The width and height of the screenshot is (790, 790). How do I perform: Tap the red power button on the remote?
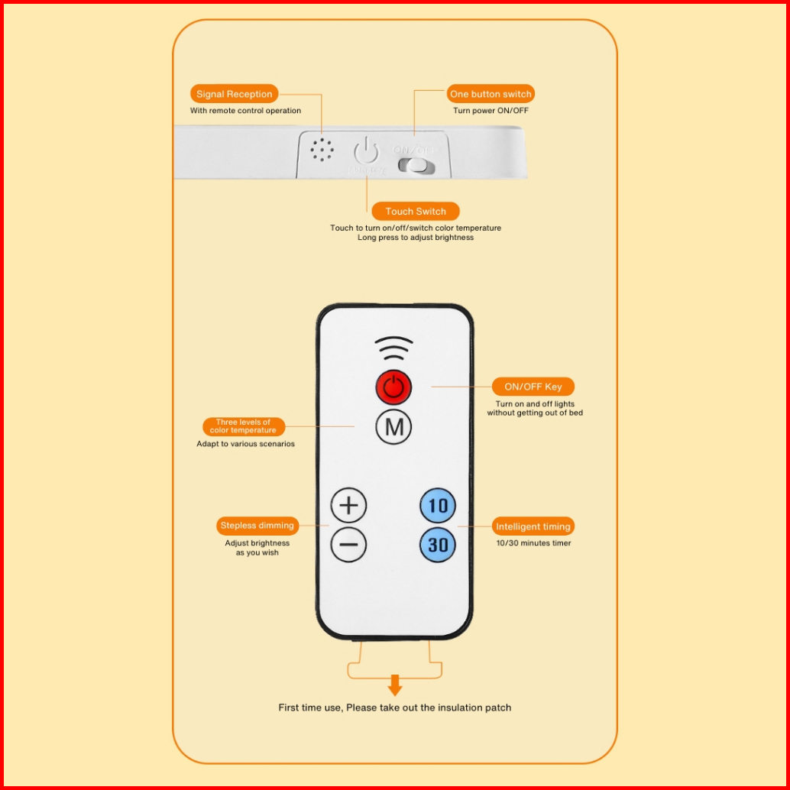tap(393, 387)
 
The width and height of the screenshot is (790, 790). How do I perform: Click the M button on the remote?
tap(393, 427)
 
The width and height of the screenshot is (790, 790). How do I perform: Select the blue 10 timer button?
tap(438, 506)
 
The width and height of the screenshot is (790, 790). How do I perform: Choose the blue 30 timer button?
tap(438, 546)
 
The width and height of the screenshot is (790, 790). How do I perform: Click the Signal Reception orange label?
tap(234, 94)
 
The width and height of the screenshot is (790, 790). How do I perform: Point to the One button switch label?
tap(491, 94)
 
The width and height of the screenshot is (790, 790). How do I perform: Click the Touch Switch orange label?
tap(416, 212)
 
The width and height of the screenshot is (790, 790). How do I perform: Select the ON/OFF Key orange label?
tap(533, 387)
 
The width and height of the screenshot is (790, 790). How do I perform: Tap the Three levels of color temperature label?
tap(243, 426)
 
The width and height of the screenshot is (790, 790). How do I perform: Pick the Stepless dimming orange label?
tap(257, 526)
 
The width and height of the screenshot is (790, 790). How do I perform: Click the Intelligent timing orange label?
tap(533, 526)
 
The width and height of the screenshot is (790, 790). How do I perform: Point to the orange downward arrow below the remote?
tap(395, 685)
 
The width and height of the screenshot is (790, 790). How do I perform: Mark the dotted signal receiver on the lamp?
tap(322, 149)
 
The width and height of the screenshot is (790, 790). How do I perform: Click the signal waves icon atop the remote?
tap(394, 350)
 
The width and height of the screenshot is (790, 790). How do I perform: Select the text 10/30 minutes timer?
tap(533, 543)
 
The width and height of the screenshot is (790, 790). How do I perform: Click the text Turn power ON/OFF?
tap(491, 111)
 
